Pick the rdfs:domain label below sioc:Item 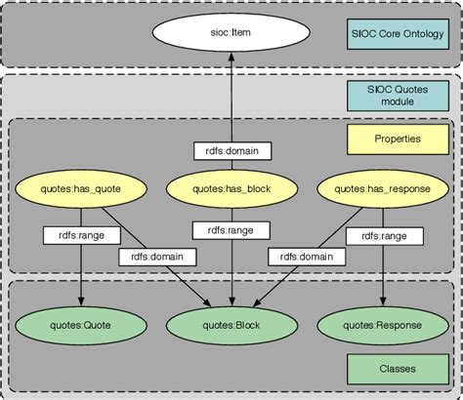[x=231, y=152]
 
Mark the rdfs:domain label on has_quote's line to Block [x=158, y=257]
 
